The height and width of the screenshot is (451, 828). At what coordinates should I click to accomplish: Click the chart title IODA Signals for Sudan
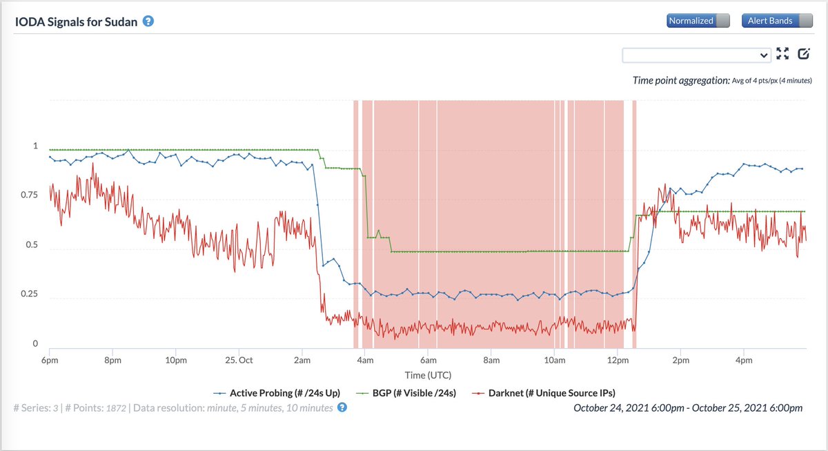77,21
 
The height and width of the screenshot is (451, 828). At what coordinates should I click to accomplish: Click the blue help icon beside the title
148,21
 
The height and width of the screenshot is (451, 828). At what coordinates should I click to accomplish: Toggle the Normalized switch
698,21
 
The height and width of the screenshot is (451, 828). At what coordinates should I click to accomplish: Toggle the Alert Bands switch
776,21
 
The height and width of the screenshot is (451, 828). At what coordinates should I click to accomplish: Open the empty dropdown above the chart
696,55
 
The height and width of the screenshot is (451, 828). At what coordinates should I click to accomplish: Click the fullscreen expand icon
782,54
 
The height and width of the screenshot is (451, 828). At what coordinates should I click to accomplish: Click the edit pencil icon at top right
803,54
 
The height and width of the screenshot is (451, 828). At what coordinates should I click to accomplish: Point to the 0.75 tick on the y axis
32,195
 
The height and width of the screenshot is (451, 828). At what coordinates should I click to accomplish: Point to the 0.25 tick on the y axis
32,295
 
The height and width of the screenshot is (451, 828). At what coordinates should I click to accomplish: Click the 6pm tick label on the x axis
50,360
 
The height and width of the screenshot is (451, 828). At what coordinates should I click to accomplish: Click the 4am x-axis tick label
365,360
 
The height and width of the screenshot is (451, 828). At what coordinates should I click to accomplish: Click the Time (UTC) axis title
428,374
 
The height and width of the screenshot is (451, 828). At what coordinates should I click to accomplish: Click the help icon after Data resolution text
342,407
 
